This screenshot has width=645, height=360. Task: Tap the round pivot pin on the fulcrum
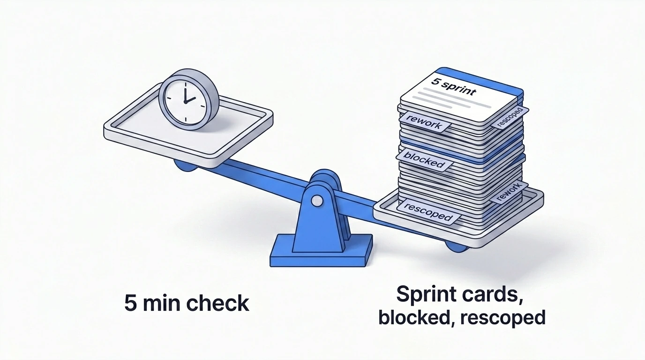point(317,201)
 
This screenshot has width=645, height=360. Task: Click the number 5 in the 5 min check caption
point(130,303)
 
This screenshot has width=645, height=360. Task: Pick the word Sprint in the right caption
point(426,294)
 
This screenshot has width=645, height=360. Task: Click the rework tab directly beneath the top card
point(425,122)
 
